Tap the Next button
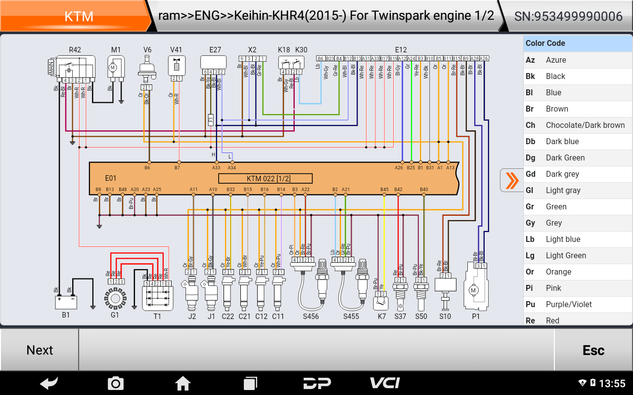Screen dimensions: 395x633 [40, 350]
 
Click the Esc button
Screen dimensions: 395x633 [593, 350]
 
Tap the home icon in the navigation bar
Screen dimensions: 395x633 [183, 383]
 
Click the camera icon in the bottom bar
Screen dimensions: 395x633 [115, 383]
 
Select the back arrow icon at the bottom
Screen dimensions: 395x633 [49, 383]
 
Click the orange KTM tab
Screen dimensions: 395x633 [79, 16]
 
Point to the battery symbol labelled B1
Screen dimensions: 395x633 [66, 301]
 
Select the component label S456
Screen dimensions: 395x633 [311, 316]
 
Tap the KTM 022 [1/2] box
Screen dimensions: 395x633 [265, 178]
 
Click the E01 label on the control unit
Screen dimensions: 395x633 [111, 178]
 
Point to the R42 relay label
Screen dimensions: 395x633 [75, 50]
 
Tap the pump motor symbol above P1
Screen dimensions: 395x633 [473, 290]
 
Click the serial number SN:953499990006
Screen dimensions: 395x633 [568, 16]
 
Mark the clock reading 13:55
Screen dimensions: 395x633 [612, 384]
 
